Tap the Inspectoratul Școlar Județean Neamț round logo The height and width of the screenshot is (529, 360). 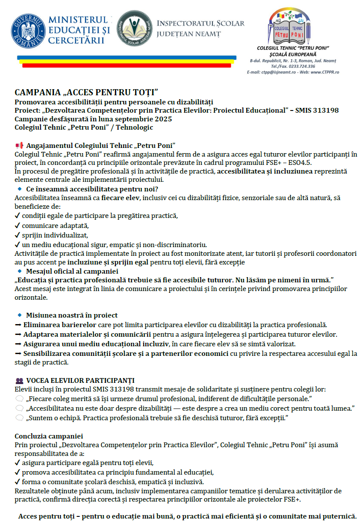tap(135, 28)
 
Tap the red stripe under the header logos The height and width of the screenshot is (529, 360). tap(126, 66)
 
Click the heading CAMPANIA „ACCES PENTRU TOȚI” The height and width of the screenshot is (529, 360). tap(86, 93)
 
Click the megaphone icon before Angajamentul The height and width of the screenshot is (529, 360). tap(19, 145)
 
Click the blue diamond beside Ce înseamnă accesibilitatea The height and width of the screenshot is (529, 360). tap(19, 189)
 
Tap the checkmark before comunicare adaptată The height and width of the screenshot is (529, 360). tap(17, 225)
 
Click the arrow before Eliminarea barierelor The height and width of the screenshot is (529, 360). tap(18, 325)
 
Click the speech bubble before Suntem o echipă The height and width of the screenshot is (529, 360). tap(19, 418)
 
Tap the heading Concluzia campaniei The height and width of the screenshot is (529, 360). tap(49, 436)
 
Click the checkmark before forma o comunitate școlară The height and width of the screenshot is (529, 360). tap(17, 482)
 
